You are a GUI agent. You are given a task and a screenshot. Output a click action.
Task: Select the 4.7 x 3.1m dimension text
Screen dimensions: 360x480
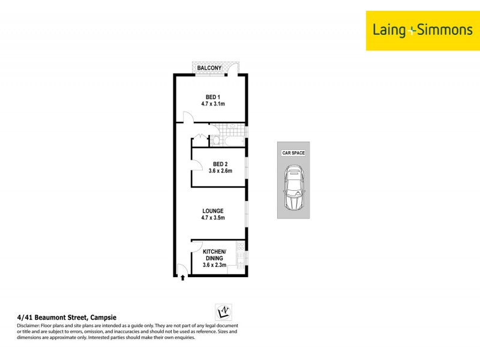point(212,104)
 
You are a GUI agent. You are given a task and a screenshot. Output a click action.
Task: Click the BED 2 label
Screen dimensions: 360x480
point(220,164)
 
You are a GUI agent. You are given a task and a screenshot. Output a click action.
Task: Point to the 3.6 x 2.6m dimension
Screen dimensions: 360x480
point(220,171)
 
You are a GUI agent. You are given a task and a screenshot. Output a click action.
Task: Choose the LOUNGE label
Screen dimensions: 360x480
point(212,211)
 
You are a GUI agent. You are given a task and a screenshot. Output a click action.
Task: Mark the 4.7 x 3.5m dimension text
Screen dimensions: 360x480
point(212,218)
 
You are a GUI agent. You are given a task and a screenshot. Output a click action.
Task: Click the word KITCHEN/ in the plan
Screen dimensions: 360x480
point(214,251)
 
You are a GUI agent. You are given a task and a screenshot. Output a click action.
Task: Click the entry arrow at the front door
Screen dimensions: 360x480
point(182,277)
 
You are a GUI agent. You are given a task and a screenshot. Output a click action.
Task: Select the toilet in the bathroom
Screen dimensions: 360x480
point(216,140)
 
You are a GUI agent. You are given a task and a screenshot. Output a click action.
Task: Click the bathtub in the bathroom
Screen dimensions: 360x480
point(234,140)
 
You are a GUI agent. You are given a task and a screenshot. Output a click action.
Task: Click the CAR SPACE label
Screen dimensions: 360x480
point(293,153)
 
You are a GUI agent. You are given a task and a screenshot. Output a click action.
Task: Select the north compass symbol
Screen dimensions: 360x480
point(223,311)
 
